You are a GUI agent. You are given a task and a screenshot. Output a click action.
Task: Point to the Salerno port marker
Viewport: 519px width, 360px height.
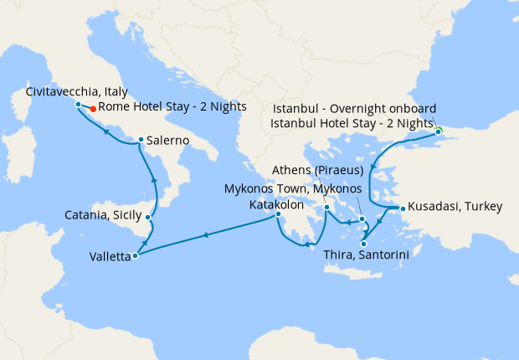pos(140,140)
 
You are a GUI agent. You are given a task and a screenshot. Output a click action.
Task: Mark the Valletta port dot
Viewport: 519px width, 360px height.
pos(136,256)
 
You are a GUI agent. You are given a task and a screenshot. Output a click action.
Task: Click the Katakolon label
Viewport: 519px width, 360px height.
pos(276,204)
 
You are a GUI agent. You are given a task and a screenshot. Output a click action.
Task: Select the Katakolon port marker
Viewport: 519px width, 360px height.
pos(279,215)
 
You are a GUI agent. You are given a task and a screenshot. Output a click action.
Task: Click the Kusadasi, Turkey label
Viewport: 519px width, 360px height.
pos(443,208)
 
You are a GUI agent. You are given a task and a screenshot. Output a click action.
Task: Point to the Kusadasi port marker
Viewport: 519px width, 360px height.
pos(403,208)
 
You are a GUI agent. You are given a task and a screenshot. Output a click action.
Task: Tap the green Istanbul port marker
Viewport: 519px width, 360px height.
pos(438,131)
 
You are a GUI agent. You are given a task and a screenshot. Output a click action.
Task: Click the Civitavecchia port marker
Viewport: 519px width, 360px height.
pos(78,105)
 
